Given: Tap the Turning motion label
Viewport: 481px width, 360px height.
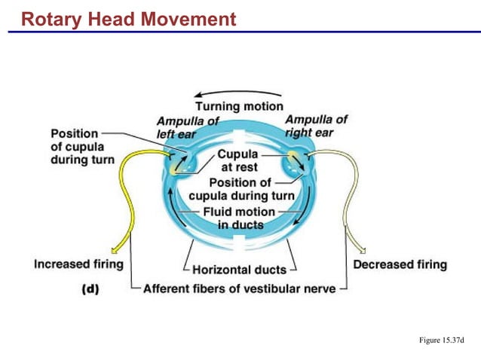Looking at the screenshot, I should tap(239, 106).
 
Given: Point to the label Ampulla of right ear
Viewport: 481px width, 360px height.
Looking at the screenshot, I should tap(316, 125).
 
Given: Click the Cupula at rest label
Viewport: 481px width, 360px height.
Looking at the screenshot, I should tap(237, 160).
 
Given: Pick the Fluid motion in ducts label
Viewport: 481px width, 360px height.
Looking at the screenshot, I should tap(238, 218).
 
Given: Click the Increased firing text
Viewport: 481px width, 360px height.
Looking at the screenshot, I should tap(79, 264).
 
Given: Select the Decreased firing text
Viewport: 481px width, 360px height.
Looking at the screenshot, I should tap(400, 264).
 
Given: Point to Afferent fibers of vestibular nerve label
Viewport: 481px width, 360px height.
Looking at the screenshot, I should tap(240, 288).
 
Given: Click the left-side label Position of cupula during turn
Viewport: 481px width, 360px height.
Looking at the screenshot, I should tap(83, 147).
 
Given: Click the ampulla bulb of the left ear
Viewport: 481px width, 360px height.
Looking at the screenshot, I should tap(181, 162).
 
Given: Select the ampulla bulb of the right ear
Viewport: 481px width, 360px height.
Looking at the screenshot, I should tap(295, 161).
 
